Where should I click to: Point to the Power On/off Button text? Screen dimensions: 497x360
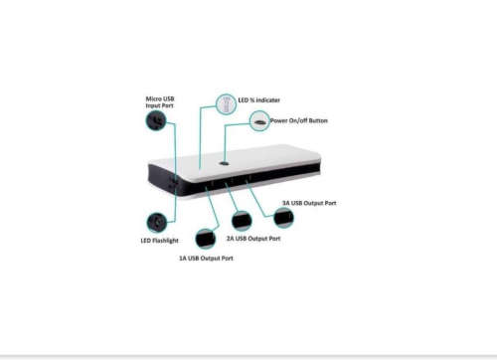point(299,121)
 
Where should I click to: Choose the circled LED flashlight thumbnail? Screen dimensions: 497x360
point(155,221)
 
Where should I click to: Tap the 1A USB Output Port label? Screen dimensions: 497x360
point(206,259)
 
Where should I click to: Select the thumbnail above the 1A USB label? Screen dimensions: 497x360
point(206,239)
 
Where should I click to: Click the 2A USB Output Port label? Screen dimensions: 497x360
point(253,239)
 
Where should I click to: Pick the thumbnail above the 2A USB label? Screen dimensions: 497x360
point(241,221)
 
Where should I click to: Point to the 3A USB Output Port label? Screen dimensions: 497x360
point(309,203)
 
